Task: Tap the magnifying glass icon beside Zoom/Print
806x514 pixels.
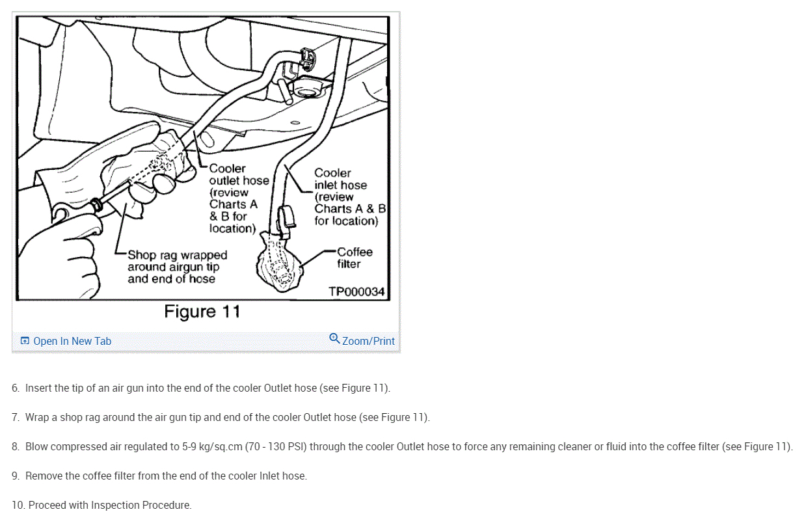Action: [x=334, y=338]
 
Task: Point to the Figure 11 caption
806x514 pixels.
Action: [x=202, y=312]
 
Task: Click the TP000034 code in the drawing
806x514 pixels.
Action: [x=356, y=291]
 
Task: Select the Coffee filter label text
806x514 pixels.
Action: [x=355, y=258]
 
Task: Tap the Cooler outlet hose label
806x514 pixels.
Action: [x=239, y=198]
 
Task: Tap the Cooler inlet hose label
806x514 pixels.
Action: [x=350, y=197]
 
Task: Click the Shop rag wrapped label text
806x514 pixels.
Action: [x=178, y=267]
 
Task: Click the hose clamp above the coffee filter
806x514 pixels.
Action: [x=286, y=222]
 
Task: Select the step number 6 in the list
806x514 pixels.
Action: [x=15, y=388]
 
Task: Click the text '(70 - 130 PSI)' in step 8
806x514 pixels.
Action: [x=276, y=447]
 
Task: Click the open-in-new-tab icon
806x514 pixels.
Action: [x=25, y=340]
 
